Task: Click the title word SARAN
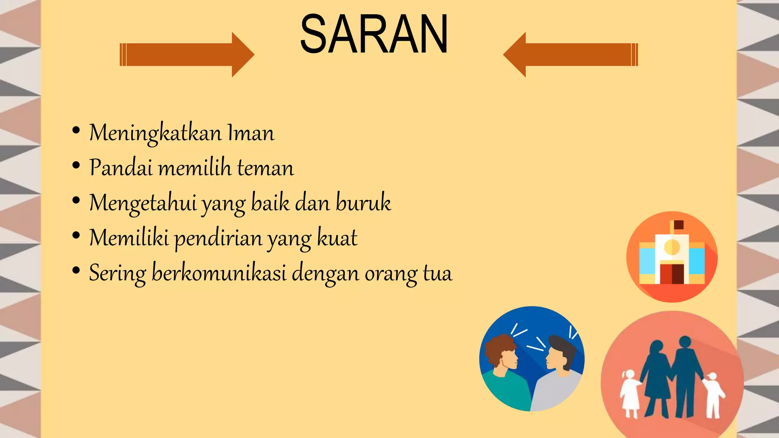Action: point(374,34)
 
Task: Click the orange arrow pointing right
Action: point(186,55)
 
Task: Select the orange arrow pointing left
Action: point(571,55)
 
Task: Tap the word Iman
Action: point(251,133)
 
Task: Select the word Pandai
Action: point(121,168)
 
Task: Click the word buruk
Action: point(363,203)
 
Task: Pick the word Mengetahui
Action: point(143,203)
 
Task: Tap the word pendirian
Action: point(218,238)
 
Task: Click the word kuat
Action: point(337,238)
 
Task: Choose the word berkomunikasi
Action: point(219,273)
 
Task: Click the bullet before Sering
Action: point(76,271)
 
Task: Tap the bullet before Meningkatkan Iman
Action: point(76,130)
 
